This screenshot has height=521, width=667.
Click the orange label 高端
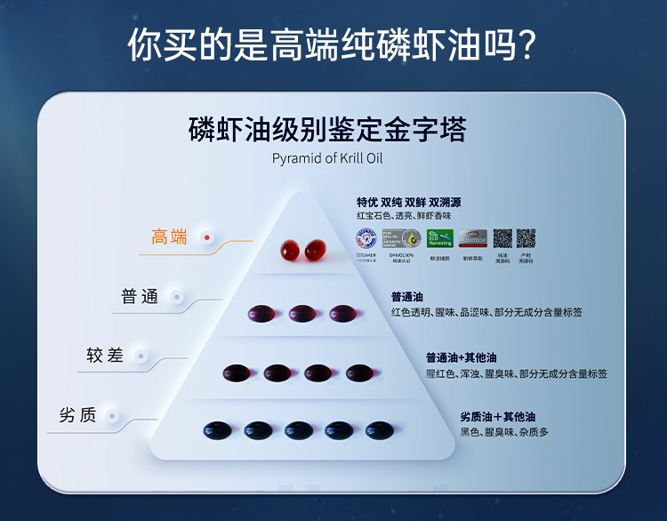169,237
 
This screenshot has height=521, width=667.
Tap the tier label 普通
140,297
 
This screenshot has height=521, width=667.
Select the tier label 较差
105,356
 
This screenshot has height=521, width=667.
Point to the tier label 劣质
77,415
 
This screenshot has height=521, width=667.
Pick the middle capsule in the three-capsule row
302,313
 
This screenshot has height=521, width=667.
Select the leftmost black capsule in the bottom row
217,430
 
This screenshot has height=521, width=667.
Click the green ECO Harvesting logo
441,238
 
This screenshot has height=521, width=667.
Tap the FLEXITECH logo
472,238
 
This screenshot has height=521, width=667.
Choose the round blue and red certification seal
366,238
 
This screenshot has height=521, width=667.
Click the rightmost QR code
526,238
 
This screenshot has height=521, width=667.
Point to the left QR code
502,238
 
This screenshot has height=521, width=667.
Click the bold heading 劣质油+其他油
498,417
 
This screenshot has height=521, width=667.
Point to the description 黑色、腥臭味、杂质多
504,432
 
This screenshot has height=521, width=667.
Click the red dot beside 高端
207,237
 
